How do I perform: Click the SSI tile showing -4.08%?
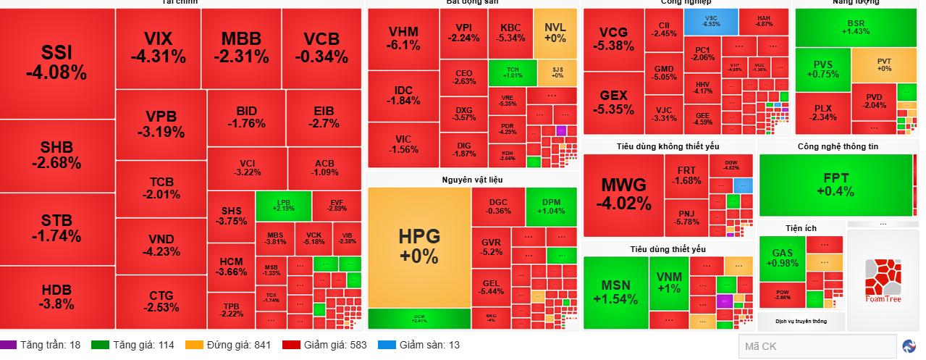[56, 62]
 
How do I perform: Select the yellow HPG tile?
[418, 246]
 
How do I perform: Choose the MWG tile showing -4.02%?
[623, 194]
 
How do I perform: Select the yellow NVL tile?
[555, 33]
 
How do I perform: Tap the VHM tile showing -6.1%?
[403, 38]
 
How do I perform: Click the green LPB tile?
[283, 205]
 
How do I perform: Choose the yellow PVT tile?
[884, 65]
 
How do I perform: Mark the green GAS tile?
[782, 258]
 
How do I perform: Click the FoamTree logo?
[883, 281]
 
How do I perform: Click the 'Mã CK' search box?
[817, 346]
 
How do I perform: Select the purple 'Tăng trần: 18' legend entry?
[41, 345]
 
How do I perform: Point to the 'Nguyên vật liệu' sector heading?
[472, 179]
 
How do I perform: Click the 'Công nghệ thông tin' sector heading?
[838, 146]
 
